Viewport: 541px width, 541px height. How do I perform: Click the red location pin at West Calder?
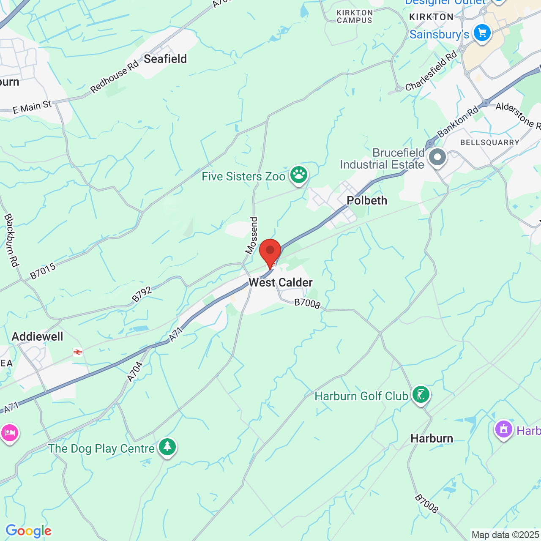[x=270, y=251]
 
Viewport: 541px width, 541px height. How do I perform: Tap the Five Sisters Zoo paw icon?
[x=299, y=175]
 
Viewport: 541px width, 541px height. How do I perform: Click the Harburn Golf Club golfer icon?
[x=421, y=394]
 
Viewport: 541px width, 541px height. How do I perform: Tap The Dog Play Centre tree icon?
[x=167, y=446]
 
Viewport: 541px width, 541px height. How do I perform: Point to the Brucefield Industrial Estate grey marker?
[x=437, y=158]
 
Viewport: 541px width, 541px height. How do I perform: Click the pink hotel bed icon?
[x=9, y=433]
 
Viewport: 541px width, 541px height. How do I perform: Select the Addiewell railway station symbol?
[x=78, y=352]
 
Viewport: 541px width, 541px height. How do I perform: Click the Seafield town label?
[x=165, y=59]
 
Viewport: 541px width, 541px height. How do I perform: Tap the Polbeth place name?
[x=367, y=200]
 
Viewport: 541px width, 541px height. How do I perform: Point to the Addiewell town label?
[x=38, y=336]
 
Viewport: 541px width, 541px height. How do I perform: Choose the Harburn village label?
[x=432, y=438]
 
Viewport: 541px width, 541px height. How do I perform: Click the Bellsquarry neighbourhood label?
[x=489, y=142]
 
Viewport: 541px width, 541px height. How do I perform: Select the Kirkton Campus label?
[x=355, y=16]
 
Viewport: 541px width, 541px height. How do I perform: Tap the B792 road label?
[x=142, y=295]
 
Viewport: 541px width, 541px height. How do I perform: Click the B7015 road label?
[x=43, y=271]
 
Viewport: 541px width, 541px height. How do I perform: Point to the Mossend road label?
[x=251, y=235]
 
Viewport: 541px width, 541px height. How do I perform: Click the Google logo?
[x=28, y=531]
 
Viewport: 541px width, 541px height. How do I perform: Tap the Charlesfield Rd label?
[x=431, y=71]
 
